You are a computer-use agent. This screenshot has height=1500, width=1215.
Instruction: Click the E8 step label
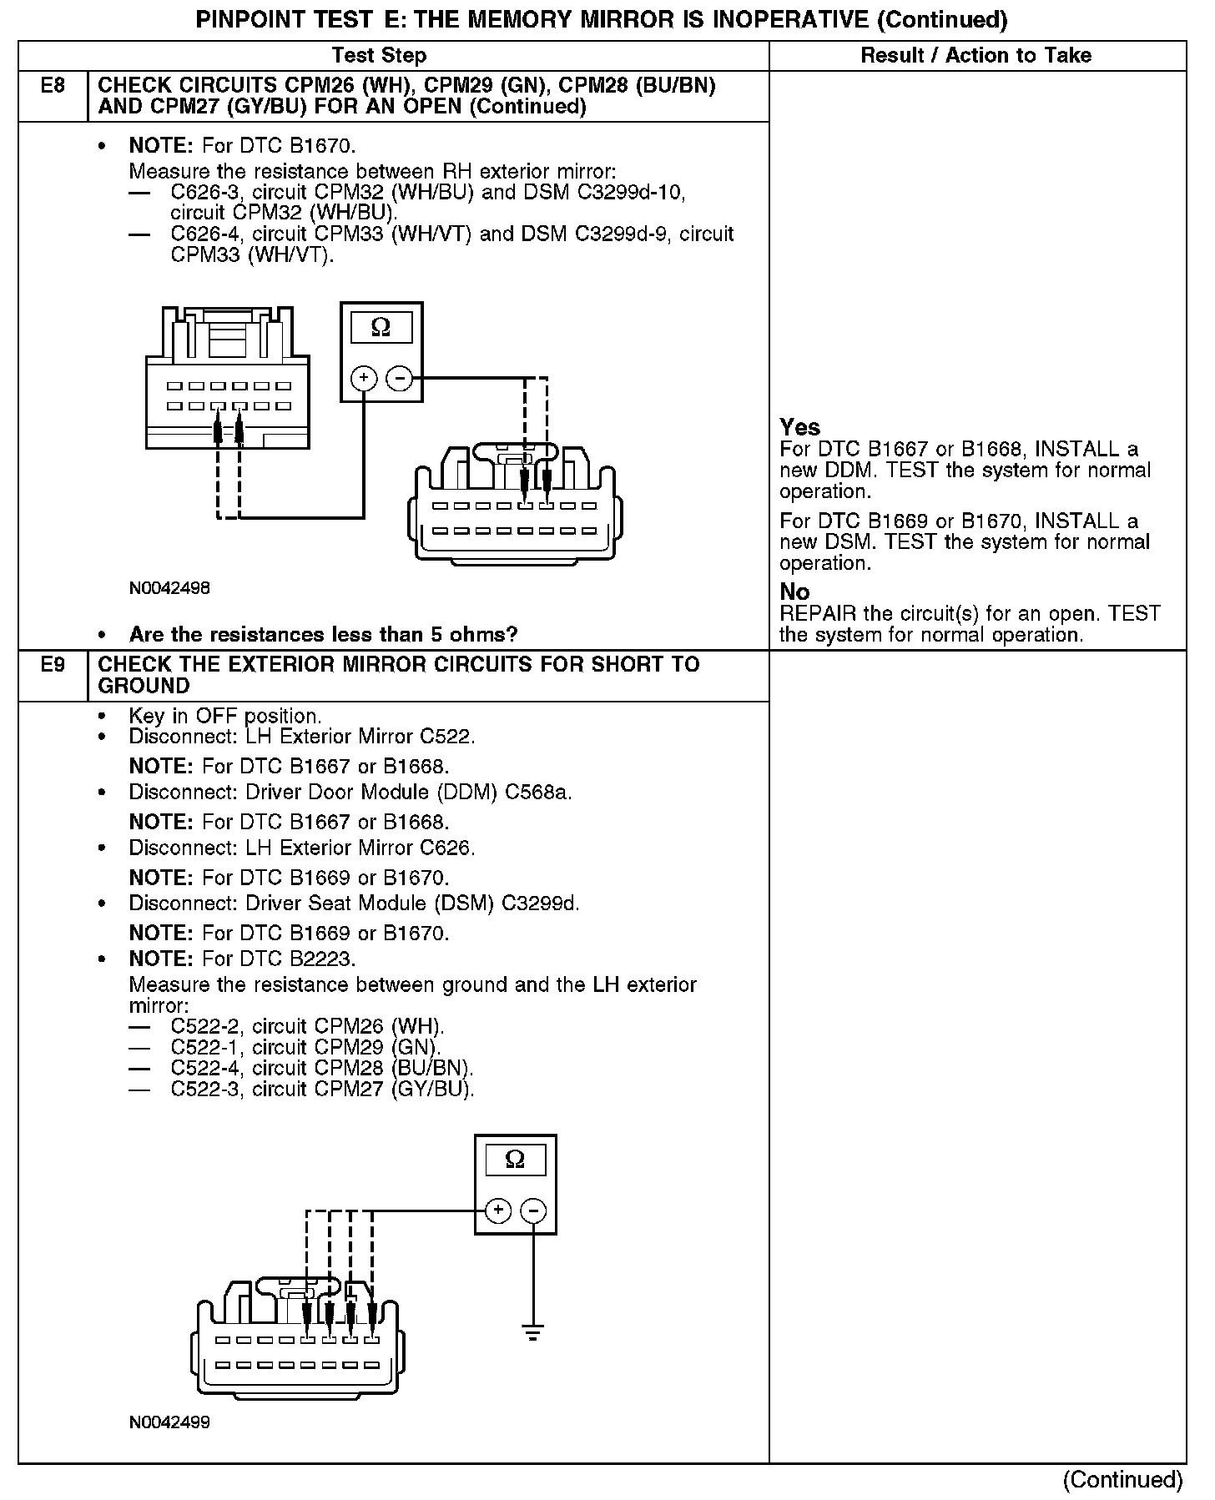click(53, 85)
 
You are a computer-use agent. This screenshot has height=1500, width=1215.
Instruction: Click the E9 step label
click(53, 665)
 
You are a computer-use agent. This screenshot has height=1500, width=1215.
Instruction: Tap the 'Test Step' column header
click(379, 56)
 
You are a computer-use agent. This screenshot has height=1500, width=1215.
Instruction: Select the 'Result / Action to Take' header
click(976, 56)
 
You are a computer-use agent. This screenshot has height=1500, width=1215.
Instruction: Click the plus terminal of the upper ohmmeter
click(364, 378)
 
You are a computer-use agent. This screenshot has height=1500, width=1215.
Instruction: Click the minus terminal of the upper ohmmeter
click(401, 378)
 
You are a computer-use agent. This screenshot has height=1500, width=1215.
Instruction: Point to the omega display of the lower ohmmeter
click(515, 1160)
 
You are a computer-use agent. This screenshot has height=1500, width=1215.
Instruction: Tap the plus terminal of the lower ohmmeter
click(497, 1211)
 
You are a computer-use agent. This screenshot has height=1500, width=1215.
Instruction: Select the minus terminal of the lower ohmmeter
click(534, 1211)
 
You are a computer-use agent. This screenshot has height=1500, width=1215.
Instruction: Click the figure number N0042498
click(169, 588)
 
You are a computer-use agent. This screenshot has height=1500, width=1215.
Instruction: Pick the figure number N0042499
click(169, 1422)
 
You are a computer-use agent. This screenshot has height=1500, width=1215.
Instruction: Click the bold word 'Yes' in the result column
click(799, 428)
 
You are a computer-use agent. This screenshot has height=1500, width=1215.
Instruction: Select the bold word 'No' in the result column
click(794, 592)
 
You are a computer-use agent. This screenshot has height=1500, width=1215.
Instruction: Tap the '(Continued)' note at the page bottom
click(1122, 1479)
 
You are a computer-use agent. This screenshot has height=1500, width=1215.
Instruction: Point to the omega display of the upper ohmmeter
click(381, 327)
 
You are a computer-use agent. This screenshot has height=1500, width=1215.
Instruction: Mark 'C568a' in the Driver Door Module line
click(538, 793)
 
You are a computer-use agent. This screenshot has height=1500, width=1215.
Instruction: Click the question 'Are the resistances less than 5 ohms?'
click(323, 635)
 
